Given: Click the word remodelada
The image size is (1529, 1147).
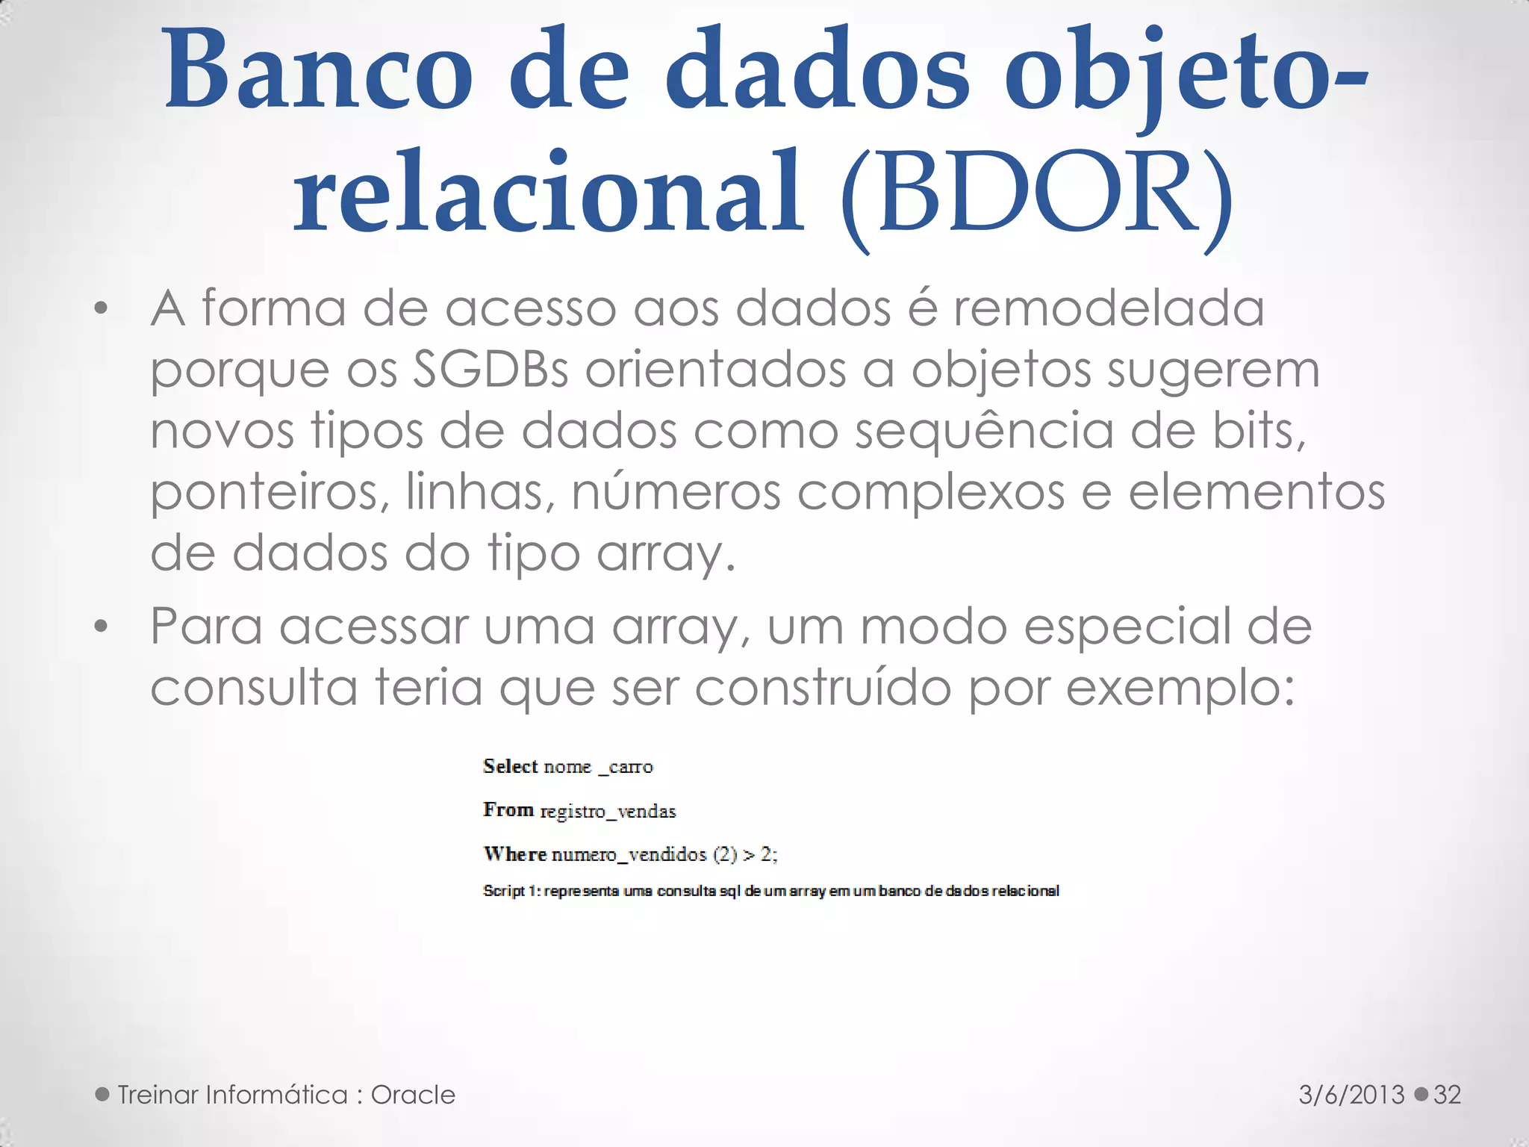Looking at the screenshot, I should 1109,308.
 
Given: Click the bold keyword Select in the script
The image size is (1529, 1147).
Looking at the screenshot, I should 511,766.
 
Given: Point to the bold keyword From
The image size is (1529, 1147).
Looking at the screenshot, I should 508,810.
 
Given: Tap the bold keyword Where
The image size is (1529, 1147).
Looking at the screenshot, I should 515,854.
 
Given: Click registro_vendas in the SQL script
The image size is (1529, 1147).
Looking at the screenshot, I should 608,812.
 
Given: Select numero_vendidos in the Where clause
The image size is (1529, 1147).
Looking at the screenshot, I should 629,855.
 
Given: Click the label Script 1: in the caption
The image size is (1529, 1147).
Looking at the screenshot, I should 512,891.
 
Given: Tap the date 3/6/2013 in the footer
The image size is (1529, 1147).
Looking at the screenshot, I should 1351,1095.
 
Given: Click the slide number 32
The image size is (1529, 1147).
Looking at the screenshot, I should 1447,1095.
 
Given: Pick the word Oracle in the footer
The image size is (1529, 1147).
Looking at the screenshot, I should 413,1095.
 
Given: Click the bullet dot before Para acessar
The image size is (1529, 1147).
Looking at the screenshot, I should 102,627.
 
